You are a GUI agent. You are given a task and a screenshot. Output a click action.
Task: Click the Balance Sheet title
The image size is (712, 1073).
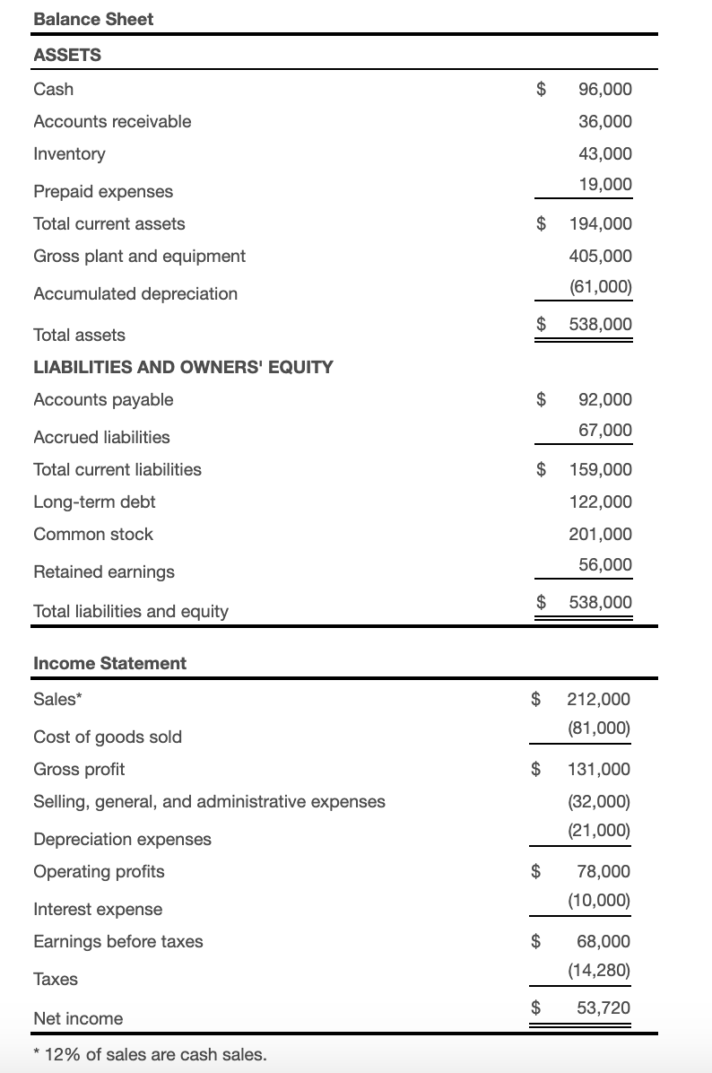93,19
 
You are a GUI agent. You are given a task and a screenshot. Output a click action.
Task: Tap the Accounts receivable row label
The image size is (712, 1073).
112,121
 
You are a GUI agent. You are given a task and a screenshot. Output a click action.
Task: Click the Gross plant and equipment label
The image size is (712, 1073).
139,256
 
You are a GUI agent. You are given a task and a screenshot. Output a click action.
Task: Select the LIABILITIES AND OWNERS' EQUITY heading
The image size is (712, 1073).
183,367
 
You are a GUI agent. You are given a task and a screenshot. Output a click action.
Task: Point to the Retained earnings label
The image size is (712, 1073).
104,571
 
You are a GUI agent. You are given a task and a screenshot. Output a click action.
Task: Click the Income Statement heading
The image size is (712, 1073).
109,663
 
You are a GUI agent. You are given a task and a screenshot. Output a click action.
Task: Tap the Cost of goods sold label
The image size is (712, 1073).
108,737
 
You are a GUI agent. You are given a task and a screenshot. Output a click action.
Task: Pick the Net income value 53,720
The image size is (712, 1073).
603,1008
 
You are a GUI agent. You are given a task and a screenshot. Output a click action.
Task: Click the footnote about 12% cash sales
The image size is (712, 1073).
150,1054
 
